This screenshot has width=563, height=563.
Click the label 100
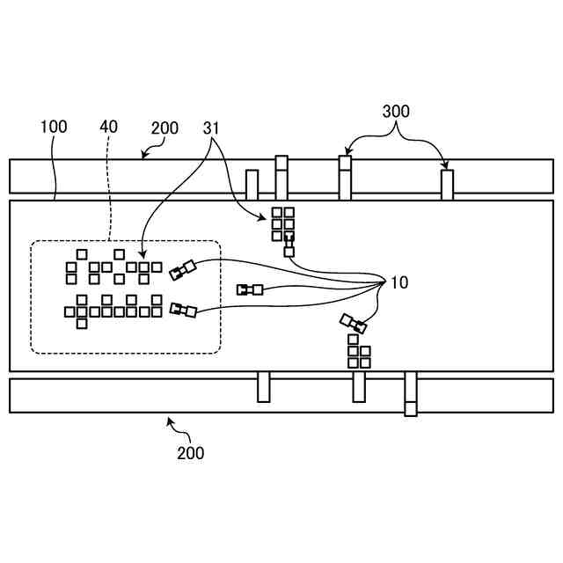click(x=54, y=128)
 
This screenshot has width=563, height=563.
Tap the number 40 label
click(x=109, y=128)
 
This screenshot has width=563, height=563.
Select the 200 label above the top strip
click(x=165, y=128)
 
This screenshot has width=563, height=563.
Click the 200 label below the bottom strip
click(x=190, y=453)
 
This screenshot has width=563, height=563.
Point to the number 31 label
click(x=211, y=128)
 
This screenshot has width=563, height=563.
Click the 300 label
click(x=396, y=112)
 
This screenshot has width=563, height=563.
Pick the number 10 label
click(x=398, y=283)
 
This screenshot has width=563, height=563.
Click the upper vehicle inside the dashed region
click(x=183, y=270)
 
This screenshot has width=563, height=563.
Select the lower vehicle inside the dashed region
click(x=183, y=310)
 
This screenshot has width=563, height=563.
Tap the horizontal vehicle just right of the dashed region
click(x=250, y=289)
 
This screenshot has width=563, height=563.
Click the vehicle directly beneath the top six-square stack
click(x=289, y=247)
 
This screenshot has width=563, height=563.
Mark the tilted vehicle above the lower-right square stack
click(x=353, y=324)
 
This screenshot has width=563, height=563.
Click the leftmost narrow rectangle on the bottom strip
click(x=263, y=387)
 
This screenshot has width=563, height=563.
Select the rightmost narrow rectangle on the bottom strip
click(x=411, y=393)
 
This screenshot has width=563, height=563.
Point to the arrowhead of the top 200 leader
click(x=143, y=157)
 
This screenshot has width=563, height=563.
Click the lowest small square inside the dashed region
click(x=82, y=323)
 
